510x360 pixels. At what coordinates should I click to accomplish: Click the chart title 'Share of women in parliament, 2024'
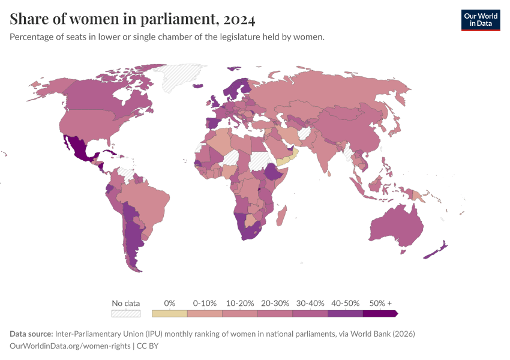(x=133, y=20)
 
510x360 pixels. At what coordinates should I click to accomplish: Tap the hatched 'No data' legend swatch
(x=126, y=313)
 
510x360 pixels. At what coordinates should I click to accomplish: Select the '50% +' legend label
(x=380, y=303)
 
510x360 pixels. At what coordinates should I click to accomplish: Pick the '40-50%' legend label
(x=346, y=303)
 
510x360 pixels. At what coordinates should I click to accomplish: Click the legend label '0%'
(x=170, y=303)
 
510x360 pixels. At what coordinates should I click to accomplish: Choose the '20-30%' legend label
(x=275, y=303)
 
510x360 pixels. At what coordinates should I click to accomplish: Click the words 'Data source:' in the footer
(x=31, y=334)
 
